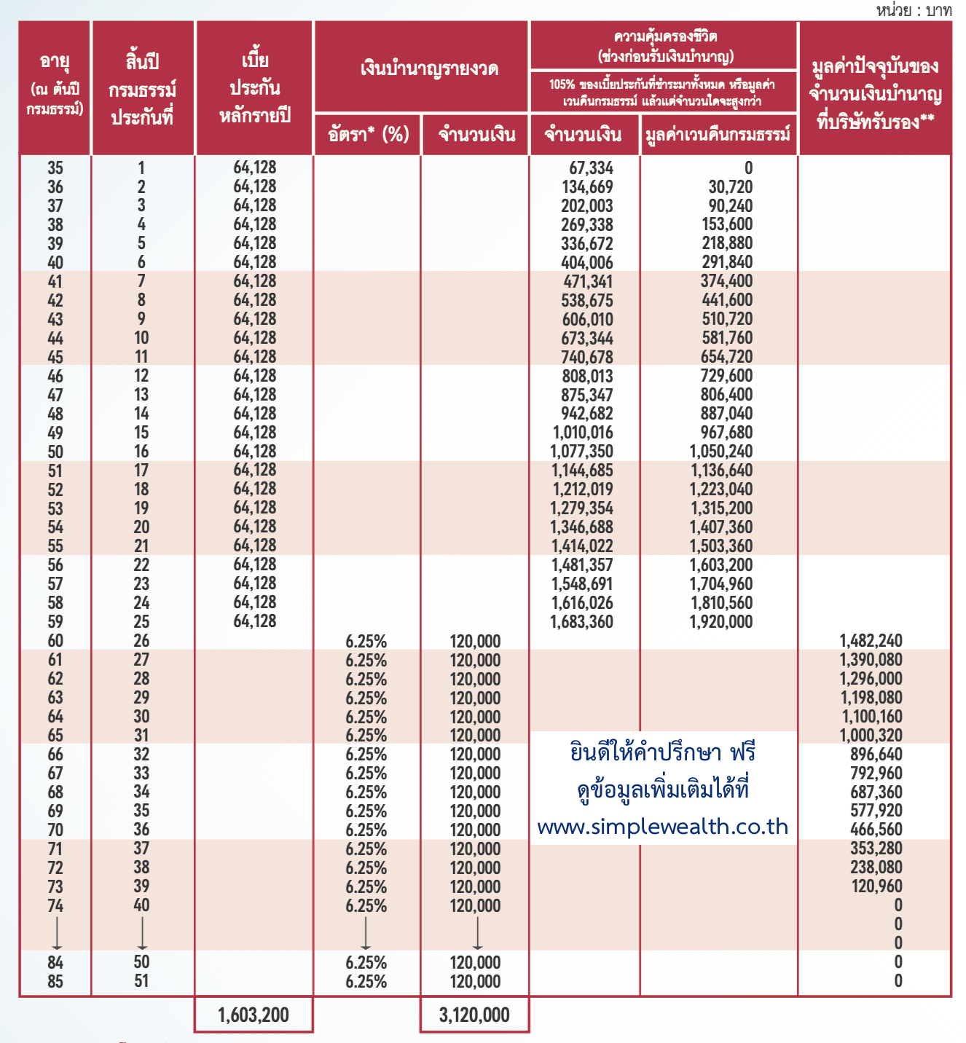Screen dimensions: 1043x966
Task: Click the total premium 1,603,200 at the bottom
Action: click(x=254, y=1015)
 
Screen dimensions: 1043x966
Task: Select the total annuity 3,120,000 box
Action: click(x=474, y=1015)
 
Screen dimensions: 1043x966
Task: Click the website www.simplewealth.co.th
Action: click(x=662, y=827)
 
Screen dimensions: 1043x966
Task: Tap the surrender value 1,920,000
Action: click(x=720, y=622)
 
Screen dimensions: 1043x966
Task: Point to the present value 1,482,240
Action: click(x=871, y=641)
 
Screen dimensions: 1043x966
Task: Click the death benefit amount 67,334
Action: click(x=591, y=168)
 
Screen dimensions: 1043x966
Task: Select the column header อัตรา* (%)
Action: click(x=368, y=135)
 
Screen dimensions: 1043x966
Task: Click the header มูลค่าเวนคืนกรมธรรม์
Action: click(x=718, y=135)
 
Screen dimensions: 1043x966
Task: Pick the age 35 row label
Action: click(x=55, y=168)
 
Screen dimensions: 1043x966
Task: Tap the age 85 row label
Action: click(x=55, y=981)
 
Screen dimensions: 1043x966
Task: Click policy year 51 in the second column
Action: click(x=141, y=981)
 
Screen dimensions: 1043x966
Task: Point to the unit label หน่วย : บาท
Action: click(x=914, y=10)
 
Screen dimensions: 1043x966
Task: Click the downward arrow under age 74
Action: click(x=56, y=933)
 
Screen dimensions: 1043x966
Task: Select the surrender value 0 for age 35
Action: click(x=748, y=168)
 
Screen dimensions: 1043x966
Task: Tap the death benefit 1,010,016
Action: click(x=583, y=433)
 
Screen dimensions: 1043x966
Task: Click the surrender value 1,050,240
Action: click(x=720, y=452)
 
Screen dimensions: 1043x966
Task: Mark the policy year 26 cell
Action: click(x=141, y=641)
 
